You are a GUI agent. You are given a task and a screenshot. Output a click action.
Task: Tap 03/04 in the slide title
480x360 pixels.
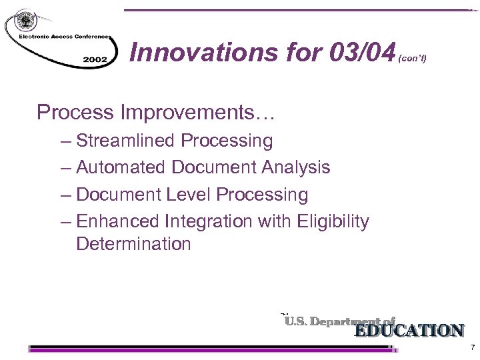point(361,51)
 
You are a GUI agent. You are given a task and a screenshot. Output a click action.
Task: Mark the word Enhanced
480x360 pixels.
point(117,221)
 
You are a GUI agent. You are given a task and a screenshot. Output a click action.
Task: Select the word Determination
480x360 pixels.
point(133,244)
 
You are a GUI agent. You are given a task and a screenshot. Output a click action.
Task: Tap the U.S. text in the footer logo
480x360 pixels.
point(296,321)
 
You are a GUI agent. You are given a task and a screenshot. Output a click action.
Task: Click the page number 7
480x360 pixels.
point(472,348)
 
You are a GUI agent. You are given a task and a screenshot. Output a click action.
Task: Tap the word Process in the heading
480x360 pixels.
point(75,112)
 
